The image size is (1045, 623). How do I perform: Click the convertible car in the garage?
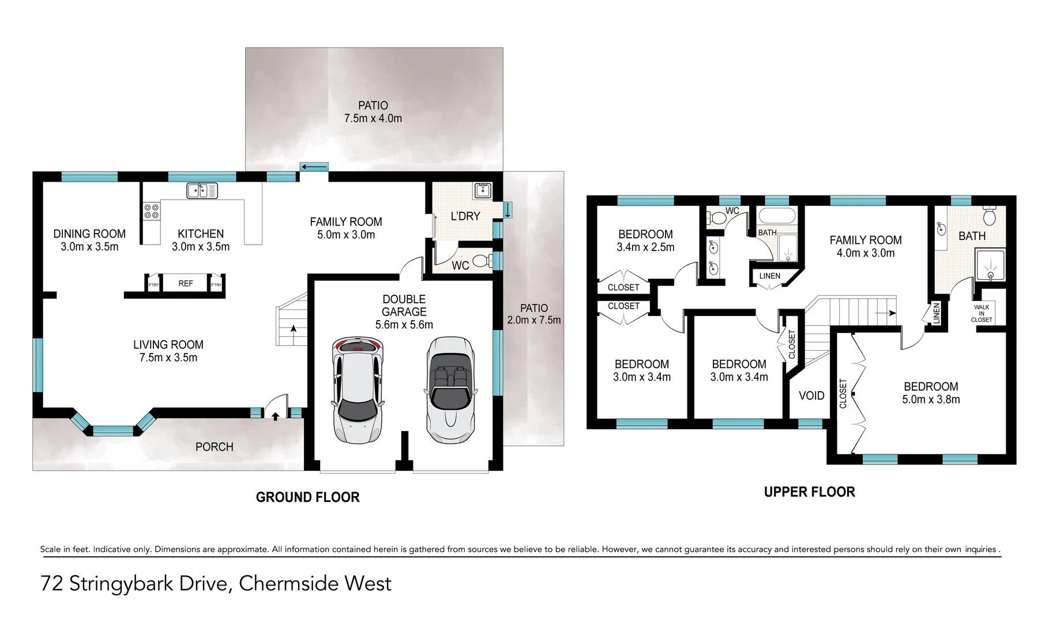coord(450,391)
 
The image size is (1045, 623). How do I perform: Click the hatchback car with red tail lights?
coord(358,391)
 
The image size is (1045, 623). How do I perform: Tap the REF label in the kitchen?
coord(186,283)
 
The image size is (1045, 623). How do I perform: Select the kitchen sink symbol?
coord(202,190)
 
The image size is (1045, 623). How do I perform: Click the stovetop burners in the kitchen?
coord(152,211)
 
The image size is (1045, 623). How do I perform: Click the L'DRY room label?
coord(465,216)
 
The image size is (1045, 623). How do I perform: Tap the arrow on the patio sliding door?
coord(314,167)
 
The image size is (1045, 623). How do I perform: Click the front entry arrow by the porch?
coord(276,416)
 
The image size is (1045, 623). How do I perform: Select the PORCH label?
coord(214,447)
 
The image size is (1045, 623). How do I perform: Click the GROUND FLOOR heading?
coord(307,497)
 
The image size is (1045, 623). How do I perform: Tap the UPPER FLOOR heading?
coord(809,492)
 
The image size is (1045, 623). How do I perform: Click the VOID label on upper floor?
coord(811,396)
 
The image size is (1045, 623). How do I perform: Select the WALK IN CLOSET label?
coord(981,313)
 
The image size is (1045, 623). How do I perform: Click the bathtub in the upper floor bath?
coord(776,216)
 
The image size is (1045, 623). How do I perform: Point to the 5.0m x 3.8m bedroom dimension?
coord(931,399)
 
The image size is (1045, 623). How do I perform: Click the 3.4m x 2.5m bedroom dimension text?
coord(645,247)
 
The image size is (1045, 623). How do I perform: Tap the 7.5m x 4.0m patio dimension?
coord(373,118)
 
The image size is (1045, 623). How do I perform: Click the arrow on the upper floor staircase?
coord(885,313)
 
